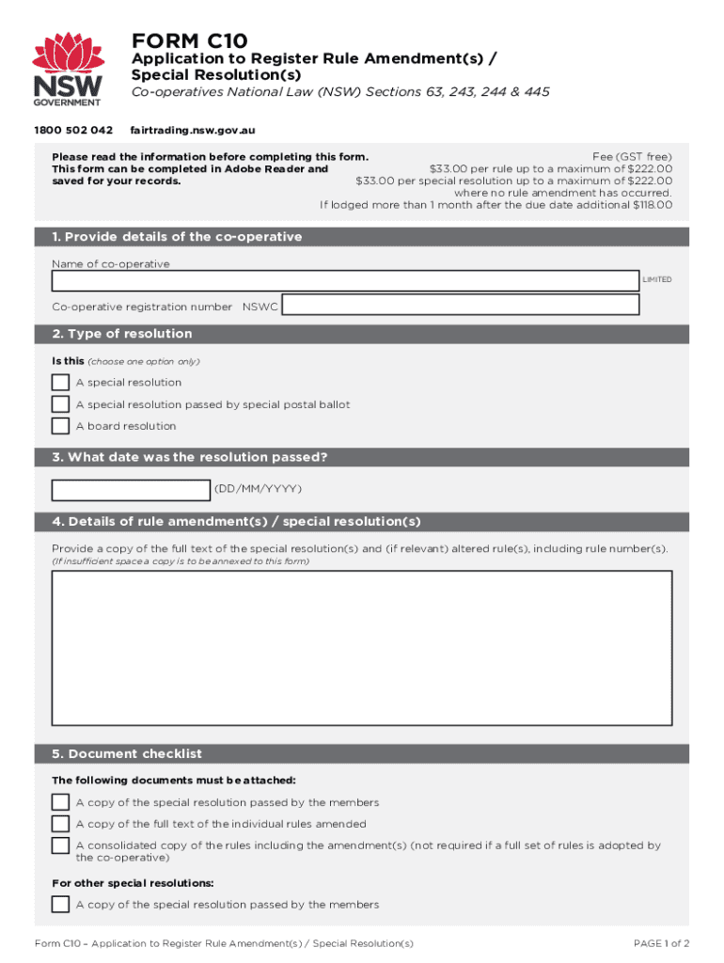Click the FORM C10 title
189,40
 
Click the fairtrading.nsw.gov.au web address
193,130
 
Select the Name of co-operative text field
344,280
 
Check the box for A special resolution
60,383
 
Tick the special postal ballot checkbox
60,404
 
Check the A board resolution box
60,426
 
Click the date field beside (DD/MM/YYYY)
131,490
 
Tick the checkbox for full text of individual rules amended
60,824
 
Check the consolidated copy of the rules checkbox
60,845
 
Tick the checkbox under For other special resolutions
60,905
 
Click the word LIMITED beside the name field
657,280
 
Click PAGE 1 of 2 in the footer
662,943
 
